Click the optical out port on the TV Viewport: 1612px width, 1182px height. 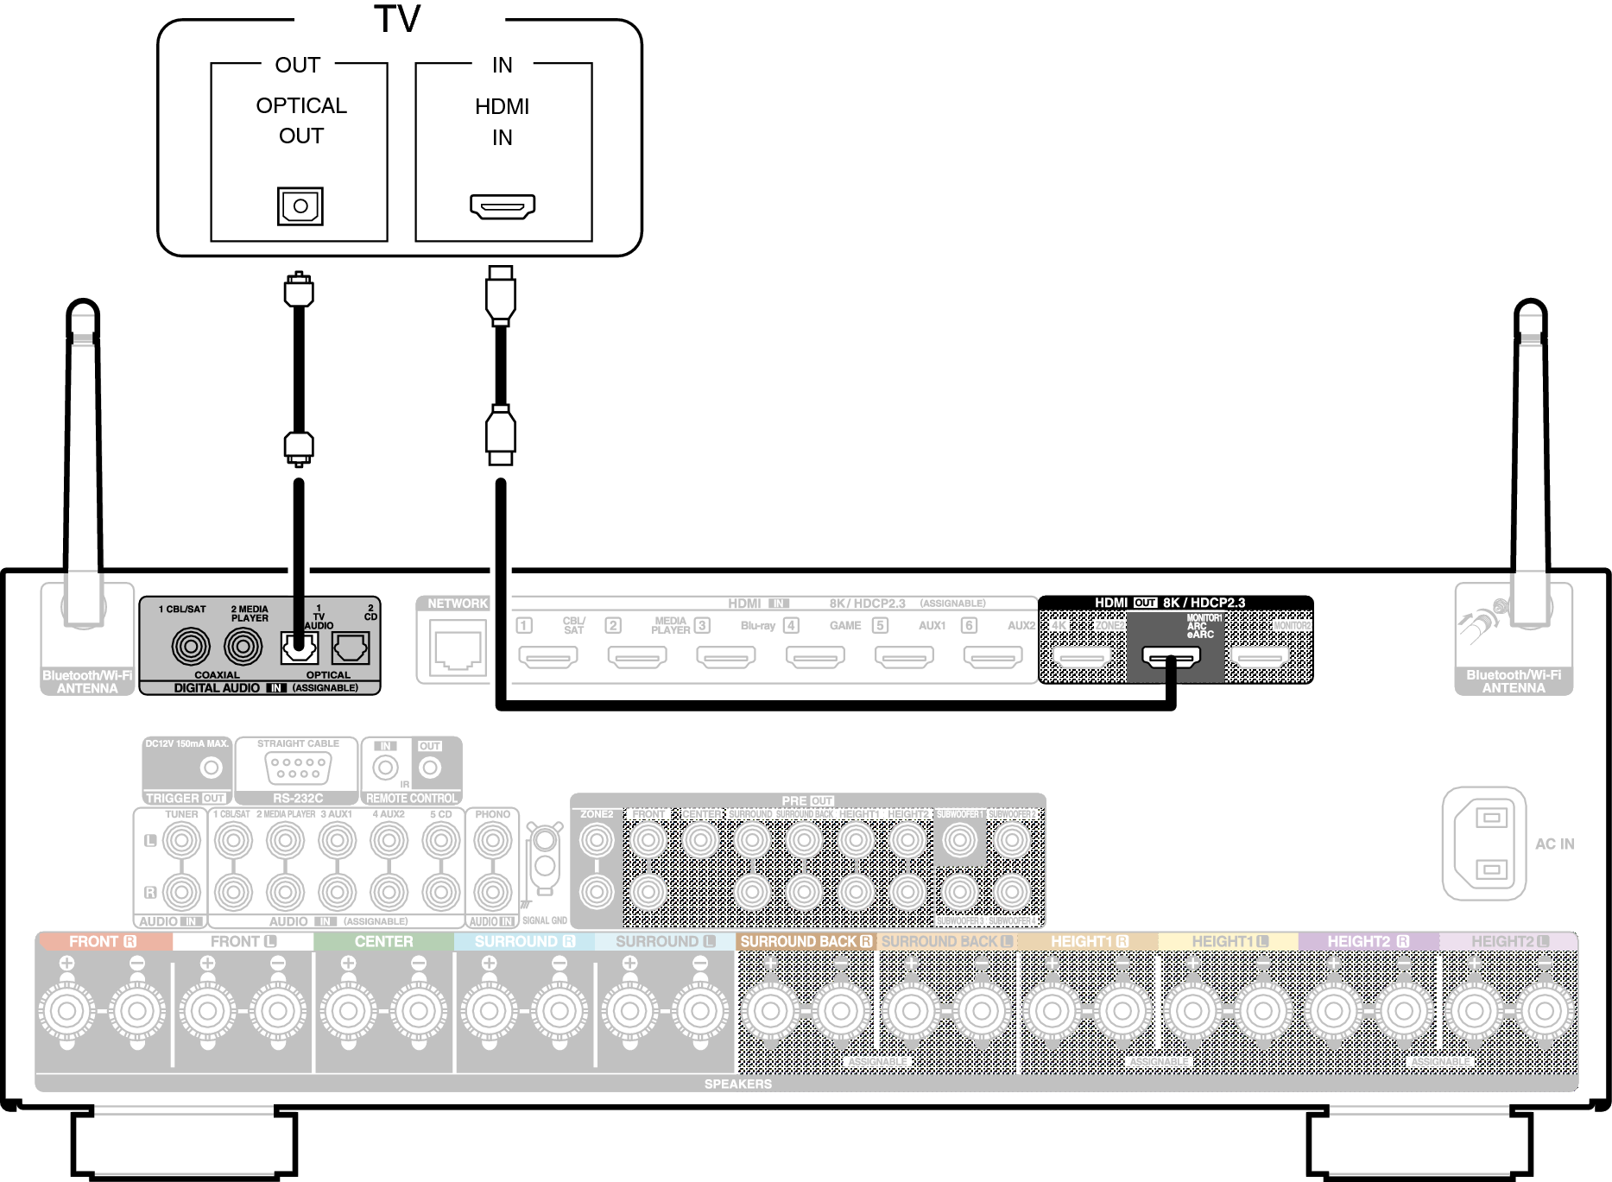point(300,206)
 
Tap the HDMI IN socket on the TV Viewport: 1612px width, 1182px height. point(503,206)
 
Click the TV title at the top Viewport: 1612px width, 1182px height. point(397,19)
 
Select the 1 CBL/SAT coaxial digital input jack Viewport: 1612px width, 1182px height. point(190,647)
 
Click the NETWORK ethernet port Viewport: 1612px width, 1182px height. point(458,650)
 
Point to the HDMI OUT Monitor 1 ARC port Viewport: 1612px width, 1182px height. point(1171,657)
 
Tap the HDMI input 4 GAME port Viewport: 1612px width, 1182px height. point(815,657)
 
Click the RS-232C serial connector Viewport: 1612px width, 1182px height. point(297,767)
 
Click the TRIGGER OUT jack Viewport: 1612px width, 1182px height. point(211,767)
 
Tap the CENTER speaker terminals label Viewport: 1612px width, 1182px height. point(383,942)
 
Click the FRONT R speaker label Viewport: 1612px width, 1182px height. point(102,942)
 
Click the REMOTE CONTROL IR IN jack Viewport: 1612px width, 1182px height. point(385,768)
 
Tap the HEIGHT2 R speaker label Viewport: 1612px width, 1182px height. point(1368,942)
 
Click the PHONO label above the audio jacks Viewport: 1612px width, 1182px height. point(492,814)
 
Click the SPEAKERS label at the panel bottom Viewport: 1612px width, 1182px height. point(737,1084)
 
